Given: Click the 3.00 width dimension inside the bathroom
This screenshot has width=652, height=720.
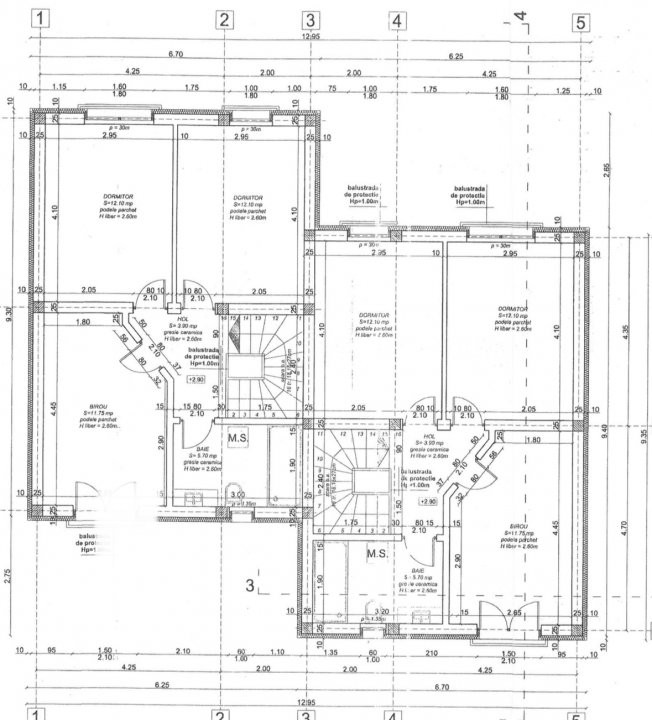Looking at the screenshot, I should [x=237, y=494].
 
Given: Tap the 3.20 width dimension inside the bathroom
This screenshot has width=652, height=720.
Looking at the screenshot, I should [x=380, y=612].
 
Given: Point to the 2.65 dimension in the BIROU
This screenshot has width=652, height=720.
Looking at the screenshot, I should [x=514, y=612].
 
